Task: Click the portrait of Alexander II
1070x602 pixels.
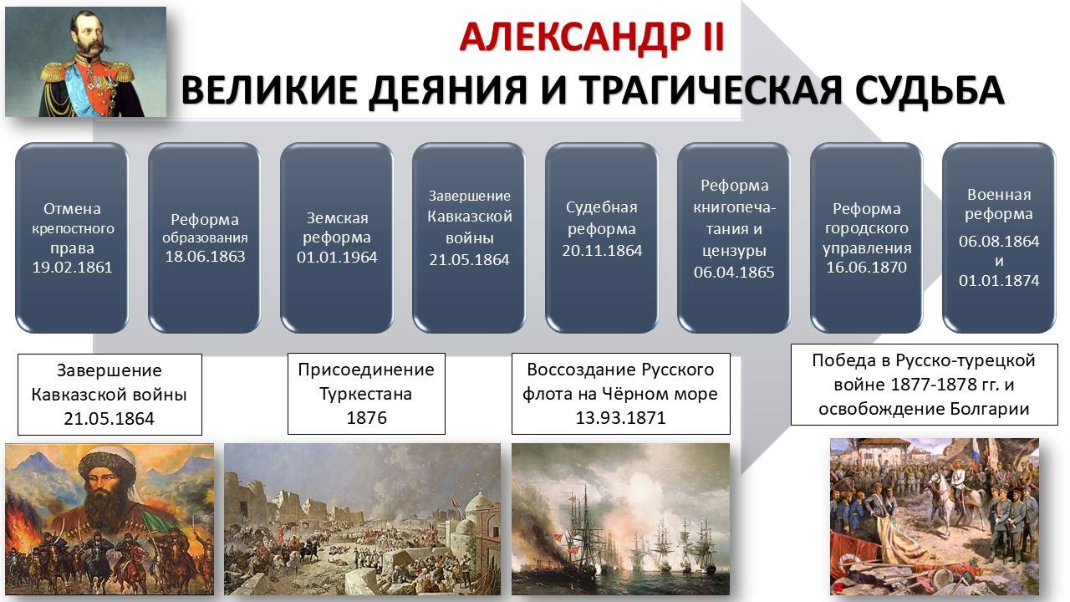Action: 85,63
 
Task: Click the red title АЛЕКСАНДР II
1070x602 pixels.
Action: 592,37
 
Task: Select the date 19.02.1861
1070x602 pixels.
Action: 72,268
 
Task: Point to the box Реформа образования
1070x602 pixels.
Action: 205,237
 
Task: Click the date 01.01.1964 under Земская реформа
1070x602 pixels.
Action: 337,257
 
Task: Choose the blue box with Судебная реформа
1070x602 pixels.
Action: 602,237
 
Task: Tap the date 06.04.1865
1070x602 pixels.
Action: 734,272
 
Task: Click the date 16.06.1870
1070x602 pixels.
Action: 866,268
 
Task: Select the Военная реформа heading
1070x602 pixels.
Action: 999,204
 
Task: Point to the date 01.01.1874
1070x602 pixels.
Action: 999,281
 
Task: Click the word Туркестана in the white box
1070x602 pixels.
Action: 366,393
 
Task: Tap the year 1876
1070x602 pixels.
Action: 366,417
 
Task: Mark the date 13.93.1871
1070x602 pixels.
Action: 620,417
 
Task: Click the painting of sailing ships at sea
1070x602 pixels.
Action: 620,518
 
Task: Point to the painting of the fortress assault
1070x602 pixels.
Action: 362,518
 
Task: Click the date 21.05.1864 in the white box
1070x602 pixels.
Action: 110,419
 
